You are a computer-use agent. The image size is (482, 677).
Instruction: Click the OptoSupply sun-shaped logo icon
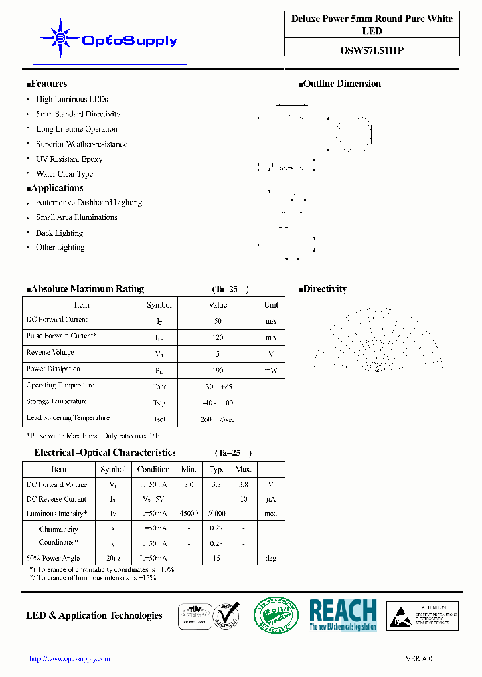59,39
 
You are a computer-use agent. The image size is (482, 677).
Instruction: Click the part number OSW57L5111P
372,49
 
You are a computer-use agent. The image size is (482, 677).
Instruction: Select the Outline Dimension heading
342,84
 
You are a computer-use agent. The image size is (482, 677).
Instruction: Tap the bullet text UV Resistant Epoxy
69,159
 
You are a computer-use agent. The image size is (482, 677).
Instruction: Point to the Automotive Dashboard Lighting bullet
89,203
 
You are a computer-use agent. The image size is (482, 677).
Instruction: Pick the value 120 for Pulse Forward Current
218,337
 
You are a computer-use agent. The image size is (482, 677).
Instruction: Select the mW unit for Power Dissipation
270,370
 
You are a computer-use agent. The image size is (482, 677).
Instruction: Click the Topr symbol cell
159,387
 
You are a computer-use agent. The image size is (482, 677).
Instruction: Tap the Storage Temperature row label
57,402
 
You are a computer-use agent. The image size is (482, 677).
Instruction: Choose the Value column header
218,305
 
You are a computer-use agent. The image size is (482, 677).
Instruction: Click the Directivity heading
325,289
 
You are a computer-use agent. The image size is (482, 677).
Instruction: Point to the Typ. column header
216,470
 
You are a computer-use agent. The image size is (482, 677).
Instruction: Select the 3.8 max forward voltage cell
243,484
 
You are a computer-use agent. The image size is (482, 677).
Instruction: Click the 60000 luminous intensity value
216,514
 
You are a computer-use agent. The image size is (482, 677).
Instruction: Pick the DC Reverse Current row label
56,499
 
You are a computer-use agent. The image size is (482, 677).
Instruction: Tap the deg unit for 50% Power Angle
270,559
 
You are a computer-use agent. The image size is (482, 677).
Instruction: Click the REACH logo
342,614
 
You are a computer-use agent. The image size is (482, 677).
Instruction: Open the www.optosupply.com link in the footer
70,659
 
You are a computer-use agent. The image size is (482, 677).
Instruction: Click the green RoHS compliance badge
276,614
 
